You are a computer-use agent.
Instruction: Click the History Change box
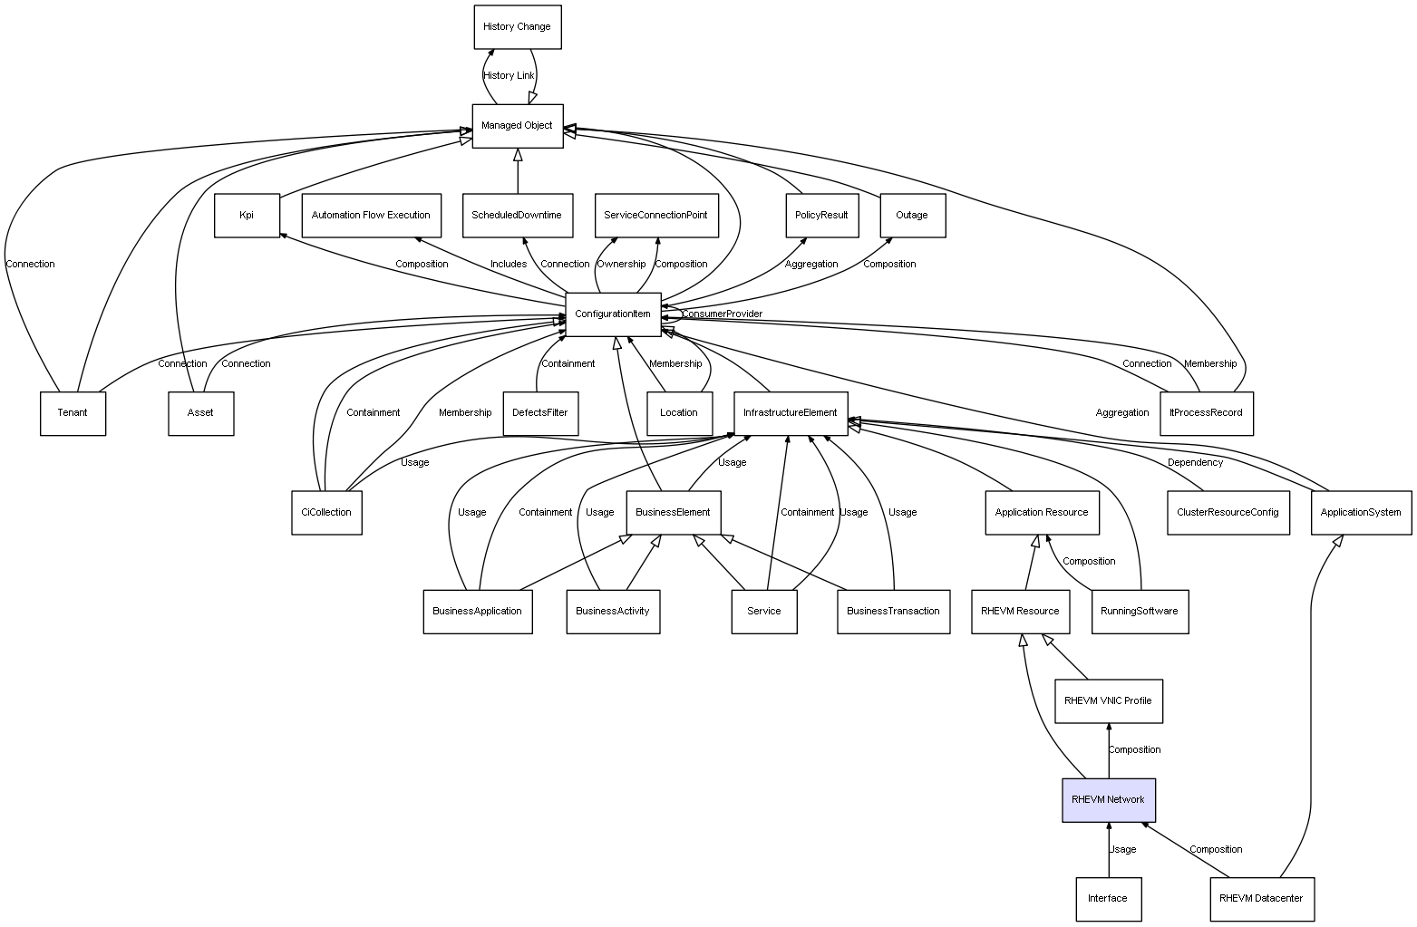point(518,27)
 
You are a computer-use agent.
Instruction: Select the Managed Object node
point(518,127)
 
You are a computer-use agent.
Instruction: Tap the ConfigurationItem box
point(613,314)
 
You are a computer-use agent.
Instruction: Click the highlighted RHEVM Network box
point(1108,800)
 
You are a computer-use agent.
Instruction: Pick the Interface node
point(1108,899)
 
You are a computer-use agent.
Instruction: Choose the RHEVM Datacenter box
point(1261,899)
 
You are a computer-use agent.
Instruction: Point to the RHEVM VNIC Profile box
point(1108,701)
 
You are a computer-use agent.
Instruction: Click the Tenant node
point(73,413)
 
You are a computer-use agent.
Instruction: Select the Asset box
point(200,413)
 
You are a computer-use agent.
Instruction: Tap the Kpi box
point(247,216)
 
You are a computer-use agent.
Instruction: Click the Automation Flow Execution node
point(372,216)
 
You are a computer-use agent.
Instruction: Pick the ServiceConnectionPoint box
point(656,216)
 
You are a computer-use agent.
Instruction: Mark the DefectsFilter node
point(540,413)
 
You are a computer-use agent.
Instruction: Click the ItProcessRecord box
point(1207,413)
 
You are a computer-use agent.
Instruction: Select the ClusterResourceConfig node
point(1228,513)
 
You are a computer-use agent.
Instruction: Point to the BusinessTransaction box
point(893,612)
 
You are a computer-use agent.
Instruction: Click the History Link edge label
point(509,76)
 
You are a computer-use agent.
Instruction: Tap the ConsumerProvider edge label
point(722,314)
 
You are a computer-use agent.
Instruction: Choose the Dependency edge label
point(1195,463)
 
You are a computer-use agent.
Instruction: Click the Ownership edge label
point(621,265)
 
